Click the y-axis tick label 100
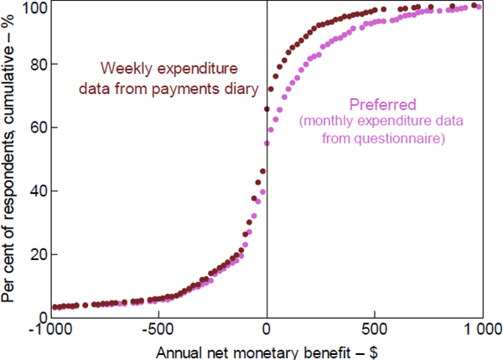click(x=33, y=8)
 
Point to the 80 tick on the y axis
click(x=36, y=65)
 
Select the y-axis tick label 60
click(x=36, y=128)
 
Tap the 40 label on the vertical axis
click(x=36, y=190)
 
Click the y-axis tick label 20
click(x=36, y=254)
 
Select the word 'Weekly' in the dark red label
click(x=125, y=67)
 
